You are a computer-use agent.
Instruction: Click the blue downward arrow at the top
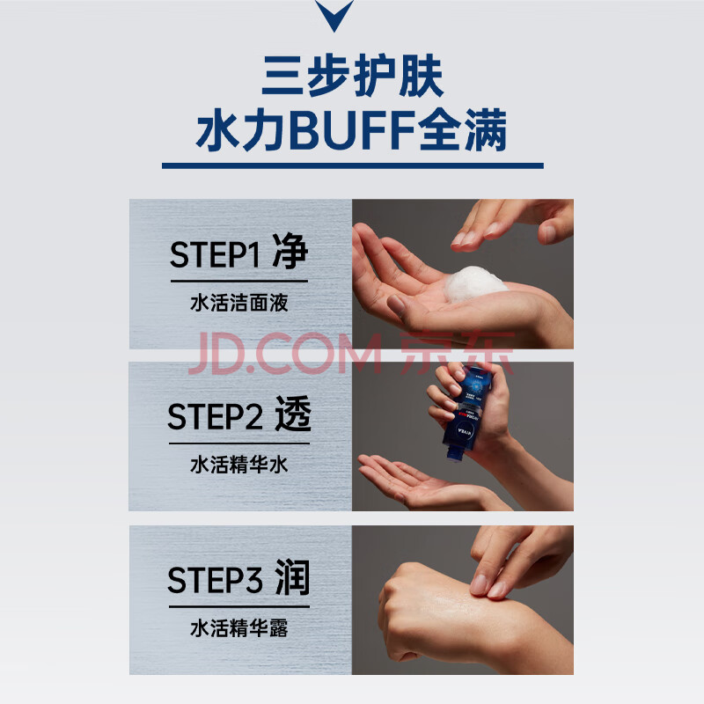[334, 14]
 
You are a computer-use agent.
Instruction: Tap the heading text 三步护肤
[353, 77]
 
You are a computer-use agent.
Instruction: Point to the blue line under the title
[353, 165]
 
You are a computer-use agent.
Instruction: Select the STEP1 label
[215, 254]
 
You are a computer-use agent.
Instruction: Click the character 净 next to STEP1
[290, 251]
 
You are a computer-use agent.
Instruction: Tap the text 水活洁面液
[239, 303]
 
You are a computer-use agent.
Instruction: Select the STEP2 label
[215, 416]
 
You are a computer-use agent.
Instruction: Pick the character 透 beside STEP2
[293, 414]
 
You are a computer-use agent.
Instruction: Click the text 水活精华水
[239, 465]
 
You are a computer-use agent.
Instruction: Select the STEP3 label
[215, 580]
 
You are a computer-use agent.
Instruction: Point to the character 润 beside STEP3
[293, 577]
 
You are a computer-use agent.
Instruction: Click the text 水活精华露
[239, 627]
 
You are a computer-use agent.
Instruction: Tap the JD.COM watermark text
[285, 354]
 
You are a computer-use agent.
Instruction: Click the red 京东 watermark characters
[457, 353]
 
